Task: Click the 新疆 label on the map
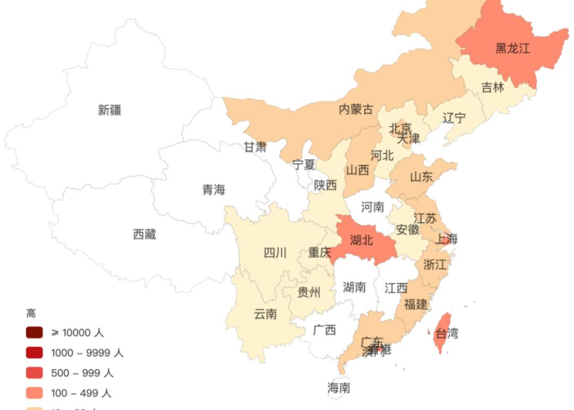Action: [109, 110]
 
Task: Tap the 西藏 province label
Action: [144, 235]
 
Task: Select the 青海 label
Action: [213, 190]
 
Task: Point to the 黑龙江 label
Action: [512, 48]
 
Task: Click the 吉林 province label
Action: [493, 88]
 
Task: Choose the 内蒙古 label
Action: [356, 109]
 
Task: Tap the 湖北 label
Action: [361, 240]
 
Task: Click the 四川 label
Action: [275, 253]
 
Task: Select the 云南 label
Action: [265, 313]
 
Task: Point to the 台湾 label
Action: [447, 334]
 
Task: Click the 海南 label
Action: [339, 387]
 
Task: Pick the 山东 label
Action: [421, 176]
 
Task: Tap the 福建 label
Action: [416, 304]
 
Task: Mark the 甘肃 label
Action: [254, 148]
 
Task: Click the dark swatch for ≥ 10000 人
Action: [34, 333]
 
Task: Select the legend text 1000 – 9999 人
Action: [88, 353]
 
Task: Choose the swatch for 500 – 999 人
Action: [34, 373]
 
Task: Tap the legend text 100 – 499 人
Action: [82, 393]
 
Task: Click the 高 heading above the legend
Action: [30, 313]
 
